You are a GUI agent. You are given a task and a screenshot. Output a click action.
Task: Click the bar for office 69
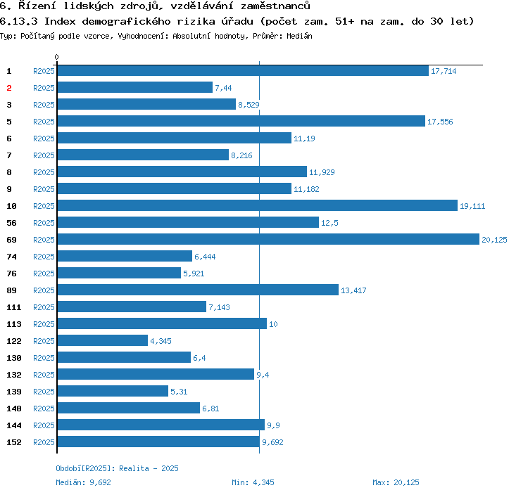(x=268, y=240)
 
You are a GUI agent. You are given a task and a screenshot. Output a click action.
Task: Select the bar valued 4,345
(x=103, y=341)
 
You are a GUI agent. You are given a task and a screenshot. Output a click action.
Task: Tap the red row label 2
(x=9, y=88)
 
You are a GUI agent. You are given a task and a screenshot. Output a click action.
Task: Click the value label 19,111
(x=472, y=206)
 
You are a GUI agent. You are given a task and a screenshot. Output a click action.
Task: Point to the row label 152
(x=14, y=442)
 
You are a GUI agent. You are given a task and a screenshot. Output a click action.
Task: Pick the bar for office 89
(x=198, y=290)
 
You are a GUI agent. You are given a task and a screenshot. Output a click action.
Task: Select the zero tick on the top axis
(x=57, y=57)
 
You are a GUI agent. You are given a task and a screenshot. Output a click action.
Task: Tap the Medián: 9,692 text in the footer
(x=84, y=482)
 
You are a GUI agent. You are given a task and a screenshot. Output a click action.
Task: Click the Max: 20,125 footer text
(x=396, y=482)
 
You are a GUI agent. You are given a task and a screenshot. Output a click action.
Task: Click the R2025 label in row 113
(x=44, y=324)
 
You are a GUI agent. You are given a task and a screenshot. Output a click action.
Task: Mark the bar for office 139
(x=113, y=392)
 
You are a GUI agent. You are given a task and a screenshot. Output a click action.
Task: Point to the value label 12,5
(x=329, y=223)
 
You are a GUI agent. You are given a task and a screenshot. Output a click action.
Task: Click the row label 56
(x=12, y=223)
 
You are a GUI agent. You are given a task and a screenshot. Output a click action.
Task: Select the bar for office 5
(x=241, y=122)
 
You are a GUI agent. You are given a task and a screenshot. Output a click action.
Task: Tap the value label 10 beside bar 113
(x=273, y=324)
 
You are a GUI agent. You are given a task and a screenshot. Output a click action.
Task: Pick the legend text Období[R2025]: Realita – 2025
(x=117, y=468)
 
